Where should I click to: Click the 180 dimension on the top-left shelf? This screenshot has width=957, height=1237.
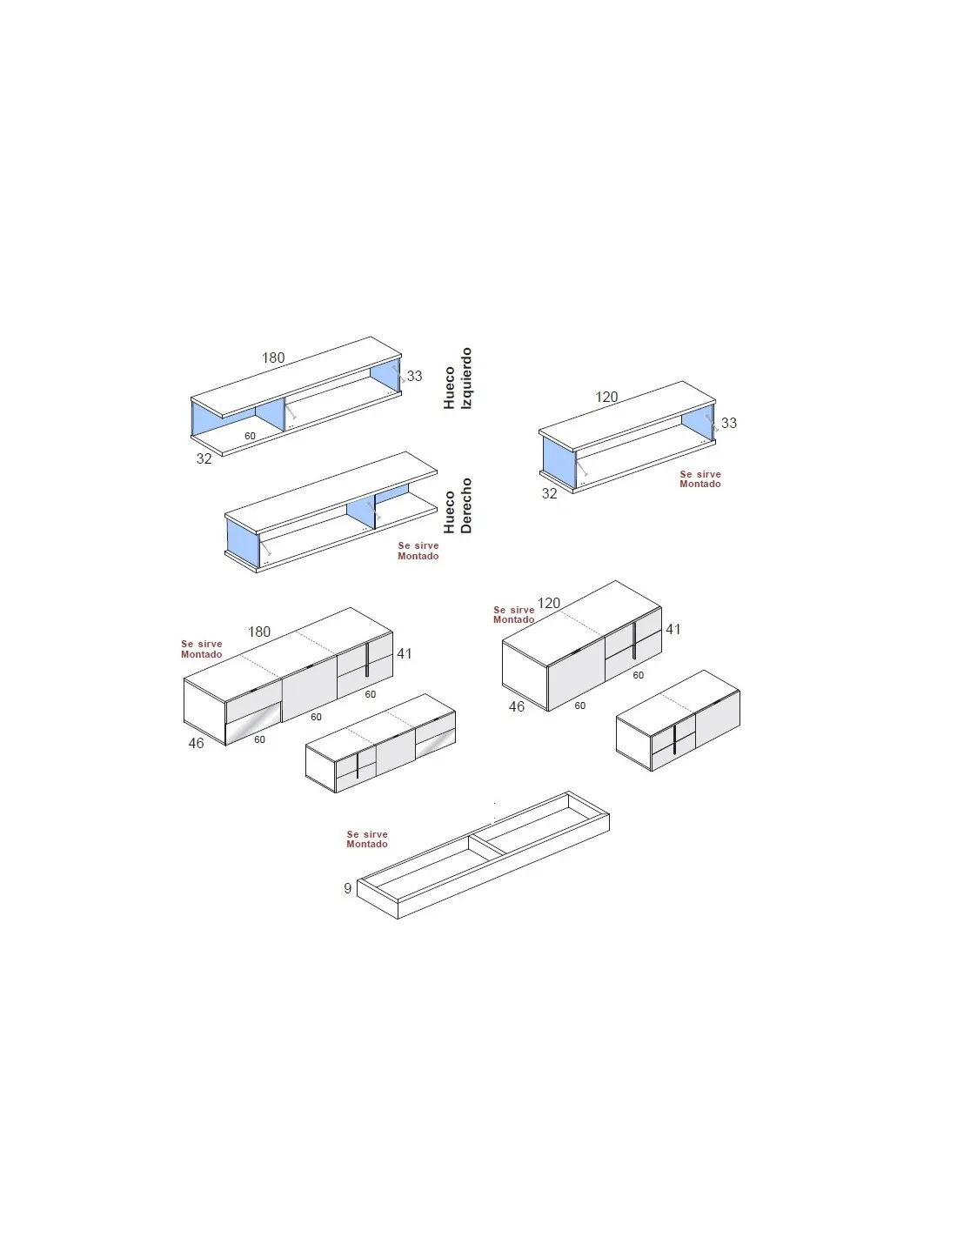pos(272,358)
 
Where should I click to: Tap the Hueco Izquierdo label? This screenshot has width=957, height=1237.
pos(458,378)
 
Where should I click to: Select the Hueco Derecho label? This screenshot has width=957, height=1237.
pos(458,505)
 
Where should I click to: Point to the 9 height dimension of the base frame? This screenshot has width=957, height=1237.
pos(347,888)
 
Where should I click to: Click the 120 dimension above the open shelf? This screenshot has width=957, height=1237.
pos(606,397)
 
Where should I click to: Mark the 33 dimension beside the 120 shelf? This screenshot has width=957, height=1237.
pos(729,423)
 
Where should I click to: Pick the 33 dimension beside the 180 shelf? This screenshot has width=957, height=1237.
pos(414,376)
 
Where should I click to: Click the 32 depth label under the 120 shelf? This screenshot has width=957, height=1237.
pos(549,493)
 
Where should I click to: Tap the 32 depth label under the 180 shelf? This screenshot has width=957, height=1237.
pos(204,458)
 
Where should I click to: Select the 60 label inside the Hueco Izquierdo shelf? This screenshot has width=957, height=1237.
pos(250,436)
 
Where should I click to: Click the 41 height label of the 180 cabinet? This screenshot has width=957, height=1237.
pos(405,653)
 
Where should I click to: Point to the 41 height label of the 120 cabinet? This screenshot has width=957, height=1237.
pos(673,629)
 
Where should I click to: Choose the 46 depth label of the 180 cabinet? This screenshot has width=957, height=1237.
pos(196,743)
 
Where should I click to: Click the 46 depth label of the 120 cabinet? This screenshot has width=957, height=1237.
pos(517,706)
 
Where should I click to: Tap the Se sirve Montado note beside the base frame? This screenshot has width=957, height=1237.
pos(367,839)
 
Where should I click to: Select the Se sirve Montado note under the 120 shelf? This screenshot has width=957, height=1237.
pos(700,478)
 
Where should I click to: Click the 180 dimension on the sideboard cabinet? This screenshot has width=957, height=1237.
pos(259,632)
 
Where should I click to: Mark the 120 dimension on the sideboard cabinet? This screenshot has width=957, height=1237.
pos(549,603)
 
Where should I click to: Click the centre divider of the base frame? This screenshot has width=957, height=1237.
pos(486,845)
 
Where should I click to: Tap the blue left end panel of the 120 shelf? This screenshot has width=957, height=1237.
pos(559,461)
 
